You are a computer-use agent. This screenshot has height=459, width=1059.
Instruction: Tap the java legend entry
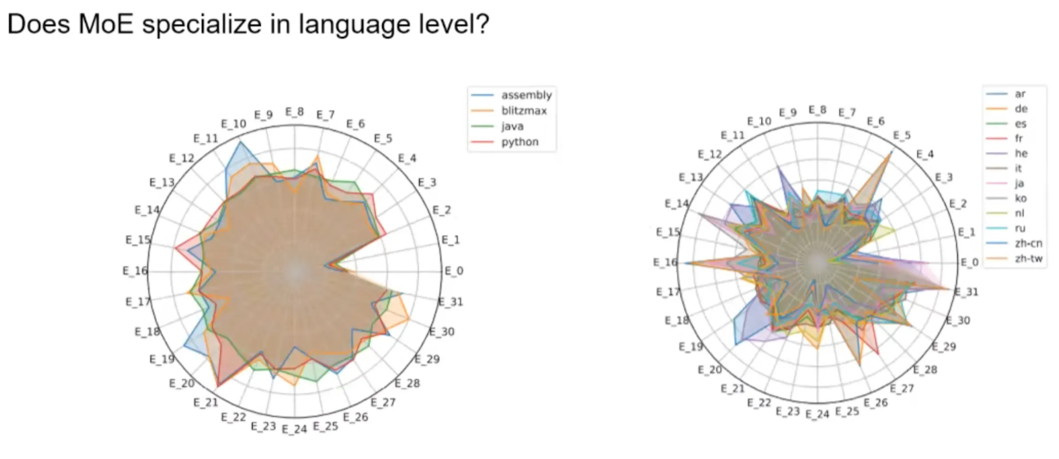pyautogui.click(x=512, y=126)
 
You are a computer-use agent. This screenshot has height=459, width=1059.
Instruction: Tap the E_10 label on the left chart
pyautogui.click(x=233, y=124)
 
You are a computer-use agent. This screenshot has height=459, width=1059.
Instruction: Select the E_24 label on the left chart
pyautogui.click(x=294, y=429)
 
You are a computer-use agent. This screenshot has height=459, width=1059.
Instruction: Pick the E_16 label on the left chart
pyautogui.click(x=135, y=271)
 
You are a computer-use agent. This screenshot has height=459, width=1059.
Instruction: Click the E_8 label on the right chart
pyautogui.click(x=817, y=110)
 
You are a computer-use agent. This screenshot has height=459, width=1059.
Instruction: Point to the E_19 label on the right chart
pyautogui.click(x=691, y=346)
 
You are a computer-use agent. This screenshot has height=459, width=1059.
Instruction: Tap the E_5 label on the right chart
pyautogui.click(x=902, y=135)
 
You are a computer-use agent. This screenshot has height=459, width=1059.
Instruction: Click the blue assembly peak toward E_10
pyautogui.click(x=242, y=142)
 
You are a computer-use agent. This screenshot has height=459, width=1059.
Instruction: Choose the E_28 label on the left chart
pyautogui.click(x=407, y=383)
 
